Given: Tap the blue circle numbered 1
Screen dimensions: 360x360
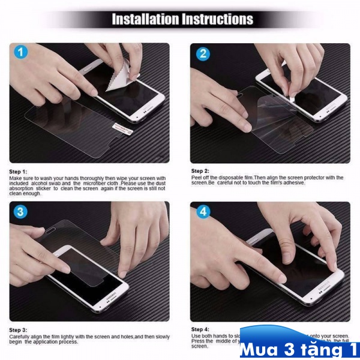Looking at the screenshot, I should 22,52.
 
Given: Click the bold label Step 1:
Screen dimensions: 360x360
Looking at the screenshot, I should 18,172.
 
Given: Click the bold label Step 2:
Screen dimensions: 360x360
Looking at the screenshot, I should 200,171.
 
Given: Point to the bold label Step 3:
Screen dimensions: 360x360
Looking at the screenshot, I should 18,330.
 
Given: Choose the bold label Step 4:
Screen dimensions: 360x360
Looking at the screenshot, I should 200,329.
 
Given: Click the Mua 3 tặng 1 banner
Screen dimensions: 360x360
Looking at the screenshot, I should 299,347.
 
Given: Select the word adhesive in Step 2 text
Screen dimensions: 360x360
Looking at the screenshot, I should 293,182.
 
